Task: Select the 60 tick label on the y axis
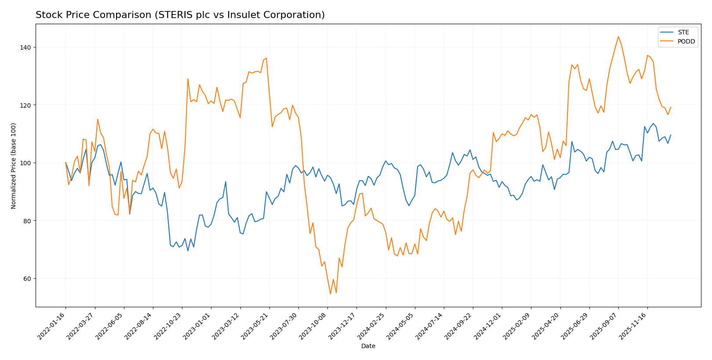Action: [x=28, y=279]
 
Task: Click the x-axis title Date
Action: [x=368, y=346]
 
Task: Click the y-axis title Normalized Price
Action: [x=14, y=166]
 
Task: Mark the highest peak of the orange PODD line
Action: [x=618, y=36]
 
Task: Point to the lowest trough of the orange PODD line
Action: [x=330, y=294]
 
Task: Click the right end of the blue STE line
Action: [x=670, y=135]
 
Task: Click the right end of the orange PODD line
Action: [x=670, y=107]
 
